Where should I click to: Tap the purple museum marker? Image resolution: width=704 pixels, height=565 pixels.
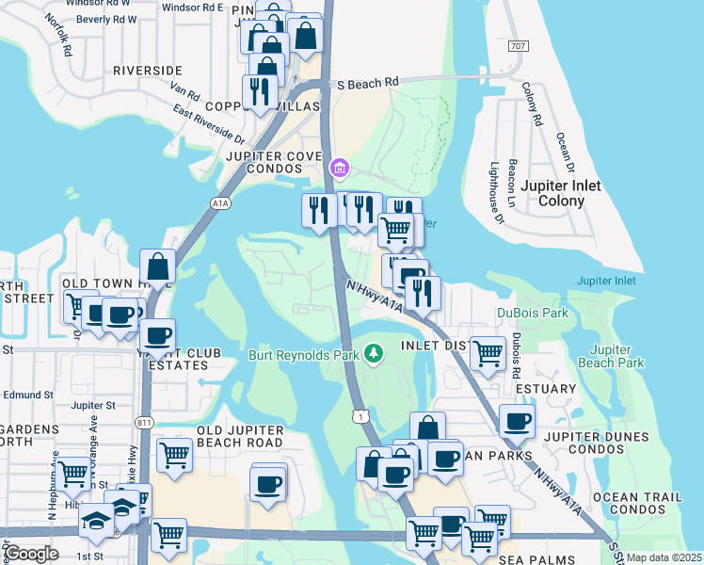pos(339,169)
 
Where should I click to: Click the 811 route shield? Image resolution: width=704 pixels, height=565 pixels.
pos(146,424)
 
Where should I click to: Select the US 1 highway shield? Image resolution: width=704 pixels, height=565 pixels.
pos(359,415)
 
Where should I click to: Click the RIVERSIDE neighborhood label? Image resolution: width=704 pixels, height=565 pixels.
pos(147,71)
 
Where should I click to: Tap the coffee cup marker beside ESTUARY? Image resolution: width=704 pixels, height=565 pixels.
pos(517,422)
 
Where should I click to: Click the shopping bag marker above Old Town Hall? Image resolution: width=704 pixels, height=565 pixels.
pos(157,266)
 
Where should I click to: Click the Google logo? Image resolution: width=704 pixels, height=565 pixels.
pos(31,554)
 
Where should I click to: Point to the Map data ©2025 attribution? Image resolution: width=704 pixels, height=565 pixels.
pos(664,557)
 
